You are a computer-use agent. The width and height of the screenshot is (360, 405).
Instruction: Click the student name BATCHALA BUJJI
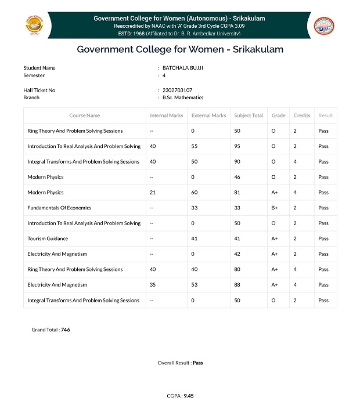coord(182,68)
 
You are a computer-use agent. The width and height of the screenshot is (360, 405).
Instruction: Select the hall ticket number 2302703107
coord(177,90)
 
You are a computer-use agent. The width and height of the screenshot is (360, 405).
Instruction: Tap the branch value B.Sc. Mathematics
coord(183,97)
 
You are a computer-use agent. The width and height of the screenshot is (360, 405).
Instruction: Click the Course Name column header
coord(84,115)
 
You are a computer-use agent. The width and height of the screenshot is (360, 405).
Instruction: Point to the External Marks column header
coord(208,115)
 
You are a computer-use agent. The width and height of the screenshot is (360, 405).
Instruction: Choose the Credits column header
coord(302,115)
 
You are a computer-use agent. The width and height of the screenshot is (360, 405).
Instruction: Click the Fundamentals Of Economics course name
coord(59,208)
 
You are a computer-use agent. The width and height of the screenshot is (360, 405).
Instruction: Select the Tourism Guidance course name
coord(48,238)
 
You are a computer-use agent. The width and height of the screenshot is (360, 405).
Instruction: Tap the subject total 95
coord(237,146)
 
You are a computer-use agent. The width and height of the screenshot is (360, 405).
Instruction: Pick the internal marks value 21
coord(153,193)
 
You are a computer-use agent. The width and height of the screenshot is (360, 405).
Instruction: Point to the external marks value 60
coord(195,193)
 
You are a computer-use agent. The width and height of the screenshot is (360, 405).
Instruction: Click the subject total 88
coord(237,285)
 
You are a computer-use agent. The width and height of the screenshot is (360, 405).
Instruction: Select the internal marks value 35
coord(153,285)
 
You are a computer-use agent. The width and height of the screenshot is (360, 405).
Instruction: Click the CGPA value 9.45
coord(188,396)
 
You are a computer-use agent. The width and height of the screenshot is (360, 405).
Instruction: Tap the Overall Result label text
coord(174,363)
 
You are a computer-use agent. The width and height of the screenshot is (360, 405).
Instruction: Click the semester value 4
coord(164,75)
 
